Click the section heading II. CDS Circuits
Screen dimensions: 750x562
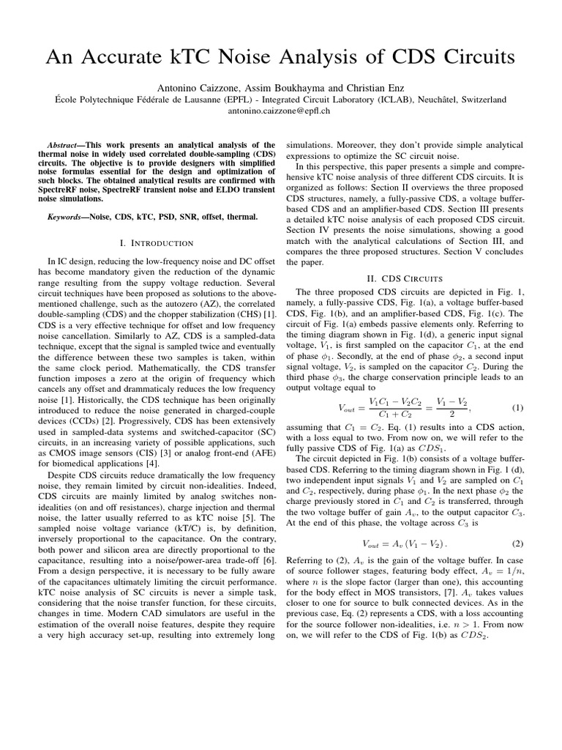405,278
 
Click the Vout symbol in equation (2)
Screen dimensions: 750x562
375,543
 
